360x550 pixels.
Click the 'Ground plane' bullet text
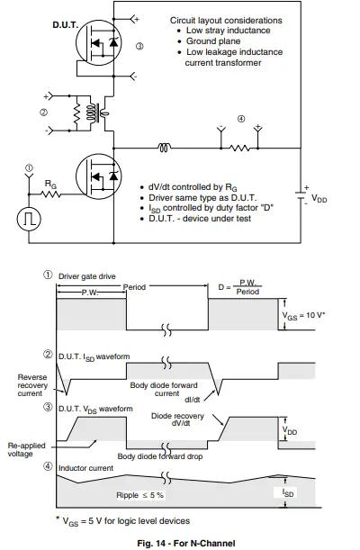point(213,42)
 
